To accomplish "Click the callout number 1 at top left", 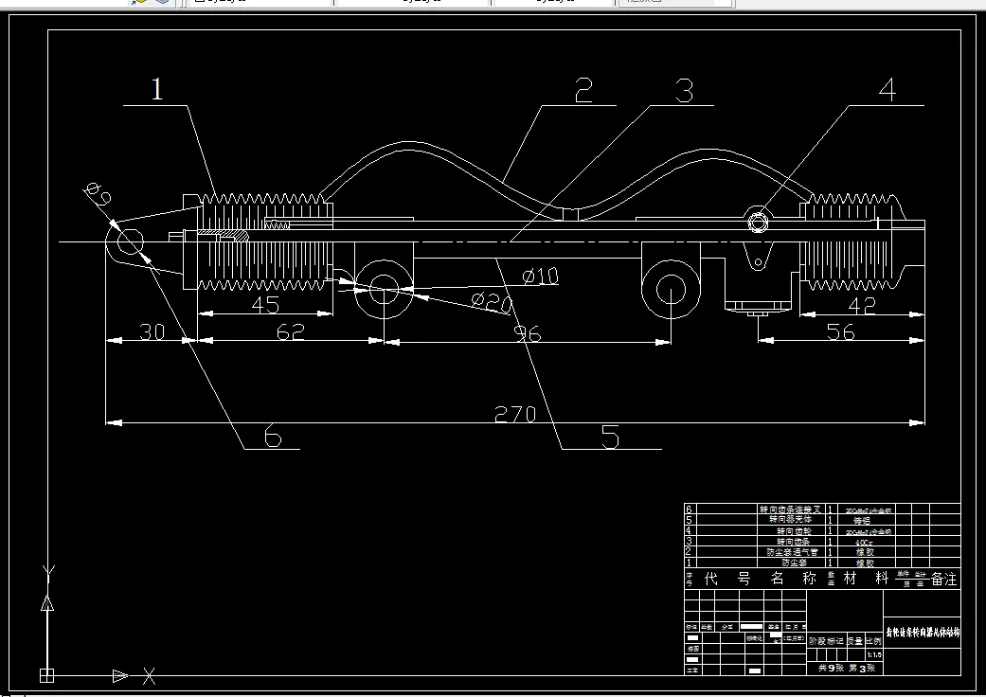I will pyautogui.click(x=157, y=90).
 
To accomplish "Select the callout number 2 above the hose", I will pyautogui.click(x=583, y=91).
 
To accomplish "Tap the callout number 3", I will pyautogui.click(x=684, y=91).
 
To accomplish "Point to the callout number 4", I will pyautogui.click(x=887, y=90).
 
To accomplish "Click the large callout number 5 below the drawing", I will pyautogui.click(x=610, y=437).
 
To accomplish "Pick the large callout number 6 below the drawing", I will pyautogui.click(x=273, y=437).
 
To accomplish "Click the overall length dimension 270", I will pyautogui.click(x=515, y=414).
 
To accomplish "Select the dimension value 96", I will pyautogui.click(x=528, y=332).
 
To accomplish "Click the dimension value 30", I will pyautogui.click(x=151, y=332).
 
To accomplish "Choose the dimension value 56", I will pyautogui.click(x=840, y=332).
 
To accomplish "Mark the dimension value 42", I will pyautogui.click(x=860, y=305).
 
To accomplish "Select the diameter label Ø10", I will pyautogui.click(x=540, y=277).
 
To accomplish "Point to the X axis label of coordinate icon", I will pyautogui.click(x=149, y=675).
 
